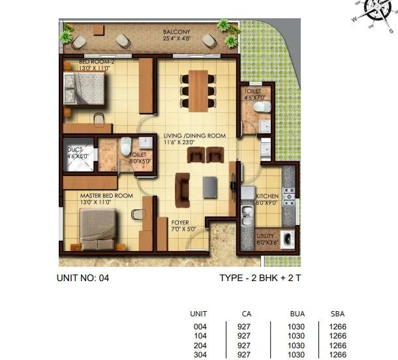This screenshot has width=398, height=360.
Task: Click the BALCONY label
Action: click(x=177, y=31)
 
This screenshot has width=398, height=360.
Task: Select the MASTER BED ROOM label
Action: click(x=106, y=196)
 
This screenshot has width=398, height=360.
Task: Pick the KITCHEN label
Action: click(x=268, y=196)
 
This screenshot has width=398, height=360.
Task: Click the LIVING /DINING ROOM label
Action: click(x=194, y=136)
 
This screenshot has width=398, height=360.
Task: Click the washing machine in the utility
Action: click(x=287, y=239)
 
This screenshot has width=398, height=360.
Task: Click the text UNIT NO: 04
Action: click(x=84, y=278)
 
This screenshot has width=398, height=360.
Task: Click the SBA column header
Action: click(x=338, y=314)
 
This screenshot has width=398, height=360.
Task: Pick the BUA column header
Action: click(x=296, y=314)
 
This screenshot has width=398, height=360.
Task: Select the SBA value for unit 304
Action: click(x=338, y=354)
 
